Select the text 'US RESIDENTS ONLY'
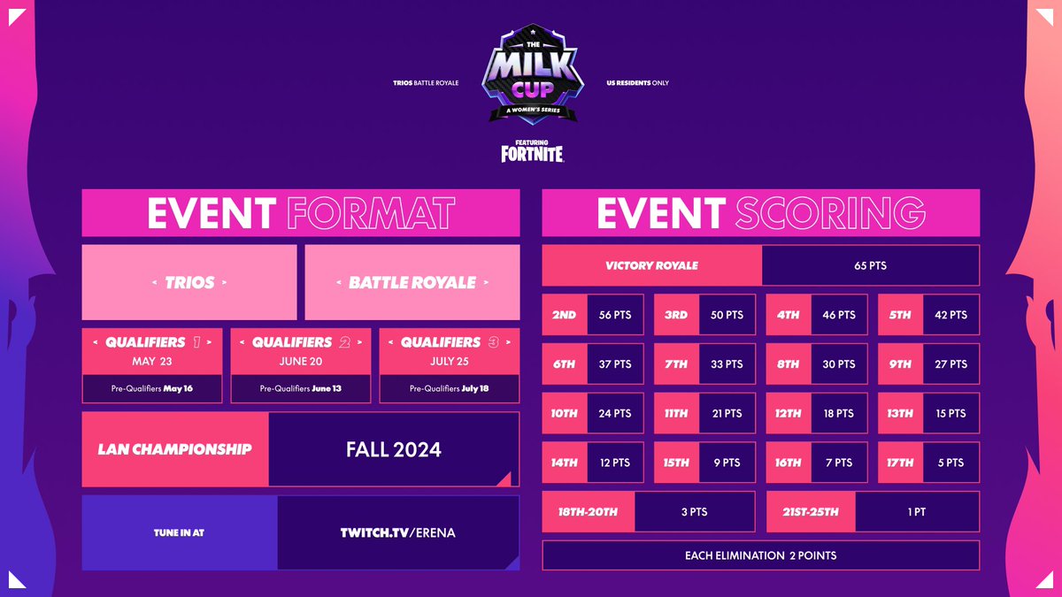pyautogui.click(x=637, y=83)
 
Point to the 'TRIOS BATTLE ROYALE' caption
pyautogui.click(x=426, y=83)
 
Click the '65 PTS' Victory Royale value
pyautogui.click(x=870, y=265)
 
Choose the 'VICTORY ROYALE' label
pyautogui.click(x=651, y=265)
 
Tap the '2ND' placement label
pyautogui.click(x=564, y=315)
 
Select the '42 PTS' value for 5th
pyautogui.click(x=950, y=315)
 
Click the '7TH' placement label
pyautogui.click(x=676, y=364)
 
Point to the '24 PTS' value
pyautogui.click(x=615, y=413)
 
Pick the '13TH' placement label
pyautogui.click(x=900, y=413)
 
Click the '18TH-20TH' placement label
pyautogui.click(x=588, y=512)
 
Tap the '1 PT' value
pyautogui.click(x=917, y=512)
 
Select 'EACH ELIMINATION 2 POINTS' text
pyautogui.click(x=760, y=555)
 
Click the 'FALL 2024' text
pyautogui.click(x=393, y=449)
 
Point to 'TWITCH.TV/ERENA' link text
pyautogui.click(x=397, y=532)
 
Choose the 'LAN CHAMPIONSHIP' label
pyautogui.click(x=174, y=449)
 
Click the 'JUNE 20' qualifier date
pyautogui.click(x=301, y=361)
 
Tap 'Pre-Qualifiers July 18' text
pyautogui.click(x=449, y=388)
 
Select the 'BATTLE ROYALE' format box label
pyautogui.click(x=412, y=283)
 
